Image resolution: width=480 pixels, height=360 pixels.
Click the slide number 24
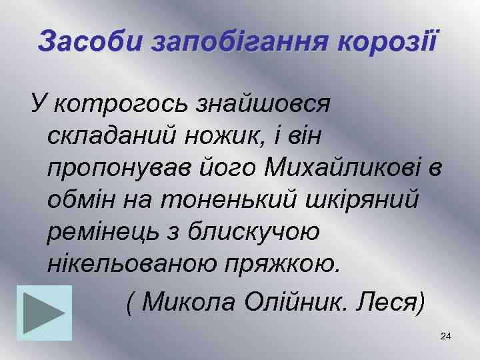coord(446,337)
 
